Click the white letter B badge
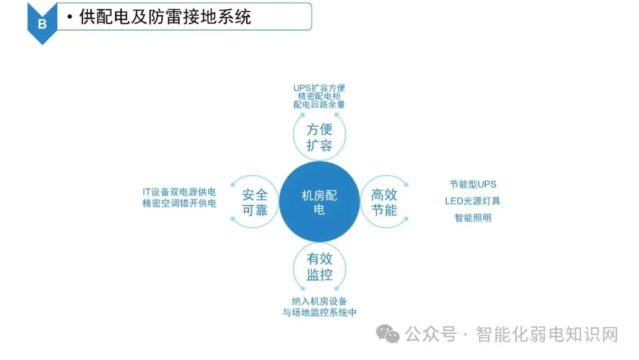41,23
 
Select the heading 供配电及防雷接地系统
165,17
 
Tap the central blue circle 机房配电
319,202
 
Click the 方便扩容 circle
319,137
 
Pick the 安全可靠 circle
254,202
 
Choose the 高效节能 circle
384,202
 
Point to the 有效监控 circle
319,266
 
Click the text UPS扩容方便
319,88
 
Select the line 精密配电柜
319,96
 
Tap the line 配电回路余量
319,104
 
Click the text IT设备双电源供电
179,192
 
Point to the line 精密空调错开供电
179,204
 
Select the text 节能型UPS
473,184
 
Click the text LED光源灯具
473,201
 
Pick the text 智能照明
473,217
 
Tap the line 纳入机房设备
319,301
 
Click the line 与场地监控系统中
319,312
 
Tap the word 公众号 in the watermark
431,335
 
